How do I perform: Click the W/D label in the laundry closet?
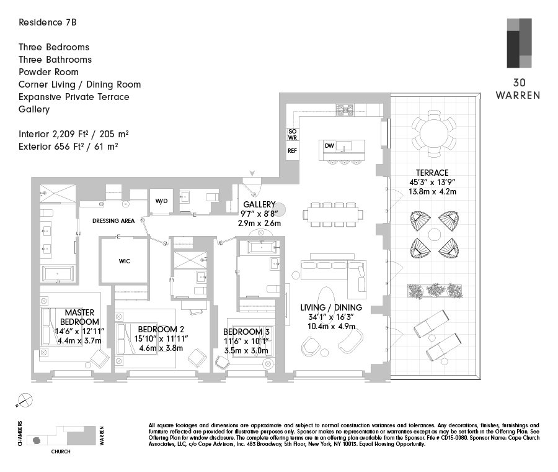click(x=161, y=201)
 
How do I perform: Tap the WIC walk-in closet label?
click(x=124, y=261)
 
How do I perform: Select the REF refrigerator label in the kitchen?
click(x=292, y=151)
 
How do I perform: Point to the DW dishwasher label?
click(x=329, y=145)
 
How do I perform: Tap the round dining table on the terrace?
click(x=434, y=134)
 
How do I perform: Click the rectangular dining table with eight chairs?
click(x=333, y=214)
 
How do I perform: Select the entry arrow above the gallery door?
click(x=252, y=174)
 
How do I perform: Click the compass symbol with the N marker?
click(x=24, y=401)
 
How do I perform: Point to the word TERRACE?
click(x=432, y=173)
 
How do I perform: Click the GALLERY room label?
click(x=259, y=204)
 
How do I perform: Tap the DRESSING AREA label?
click(x=113, y=221)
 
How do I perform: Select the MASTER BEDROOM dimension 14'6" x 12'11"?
click(x=79, y=331)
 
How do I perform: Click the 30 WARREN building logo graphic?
click(x=519, y=43)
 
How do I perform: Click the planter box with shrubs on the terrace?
click(x=435, y=291)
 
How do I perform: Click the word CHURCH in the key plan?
click(x=61, y=452)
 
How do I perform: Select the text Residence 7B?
click(x=47, y=22)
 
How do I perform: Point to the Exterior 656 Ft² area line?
click(x=68, y=147)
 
